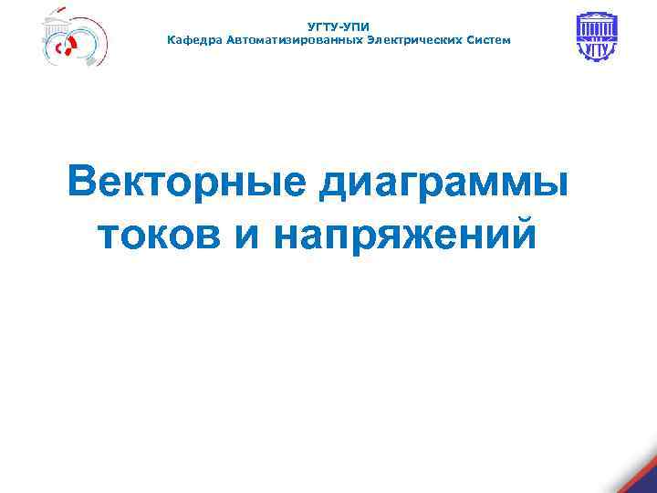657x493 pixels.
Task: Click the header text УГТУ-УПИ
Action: pyautogui.click(x=339, y=27)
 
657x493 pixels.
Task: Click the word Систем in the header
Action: pyautogui.click(x=490, y=40)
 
